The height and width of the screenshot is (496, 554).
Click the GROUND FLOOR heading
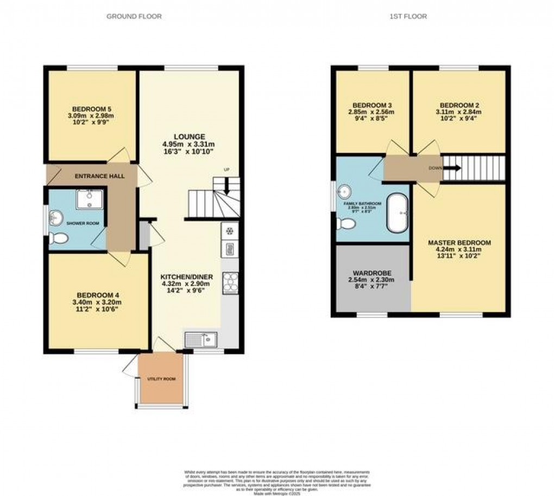click(x=134, y=17)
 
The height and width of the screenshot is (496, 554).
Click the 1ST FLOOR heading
click(x=408, y=17)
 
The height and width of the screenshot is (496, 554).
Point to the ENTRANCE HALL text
click(x=99, y=176)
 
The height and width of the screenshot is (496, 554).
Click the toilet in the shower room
click(x=58, y=238)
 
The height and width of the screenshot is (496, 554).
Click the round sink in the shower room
click(x=56, y=218)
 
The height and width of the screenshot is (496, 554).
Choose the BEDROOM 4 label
click(x=98, y=295)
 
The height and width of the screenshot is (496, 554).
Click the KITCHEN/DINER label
click(x=187, y=277)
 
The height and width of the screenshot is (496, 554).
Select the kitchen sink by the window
click(x=201, y=339)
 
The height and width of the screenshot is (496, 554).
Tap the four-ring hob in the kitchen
click(x=230, y=281)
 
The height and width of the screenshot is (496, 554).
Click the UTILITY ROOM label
click(x=162, y=379)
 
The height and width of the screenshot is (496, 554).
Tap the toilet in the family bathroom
click(x=345, y=224)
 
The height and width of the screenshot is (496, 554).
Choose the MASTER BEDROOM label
click(x=459, y=243)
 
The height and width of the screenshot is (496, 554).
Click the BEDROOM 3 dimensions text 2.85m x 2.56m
click(x=372, y=112)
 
